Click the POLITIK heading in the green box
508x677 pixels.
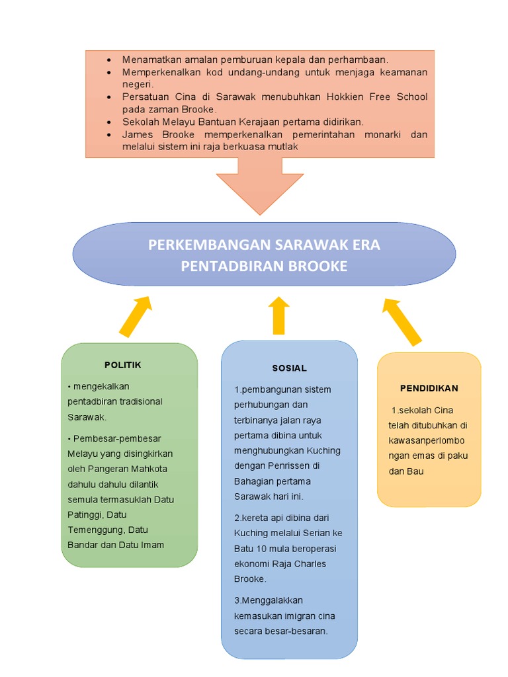[x=122, y=365]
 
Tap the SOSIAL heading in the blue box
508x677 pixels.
[x=289, y=368]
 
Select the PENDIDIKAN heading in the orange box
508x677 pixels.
[x=429, y=388]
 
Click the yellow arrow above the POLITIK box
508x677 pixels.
[x=135, y=316]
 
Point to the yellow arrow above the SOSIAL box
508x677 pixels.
[x=279, y=315]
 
